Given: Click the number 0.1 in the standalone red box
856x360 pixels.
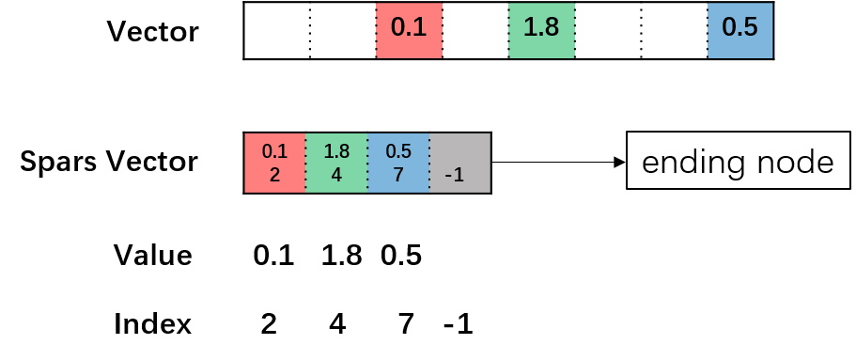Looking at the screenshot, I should pyautogui.click(x=409, y=27).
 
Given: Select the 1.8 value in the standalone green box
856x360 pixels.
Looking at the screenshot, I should pyautogui.click(x=541, y=27).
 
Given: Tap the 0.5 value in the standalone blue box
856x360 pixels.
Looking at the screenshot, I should pyautogui.click(x=739, y=27).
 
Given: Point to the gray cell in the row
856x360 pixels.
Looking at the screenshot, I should pyautogui.click(x=459, y=150).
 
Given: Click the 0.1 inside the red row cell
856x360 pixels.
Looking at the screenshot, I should pyautogui.click(x=274, y=151).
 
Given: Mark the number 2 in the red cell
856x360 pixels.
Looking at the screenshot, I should pyautogui.click(x=274, y=175).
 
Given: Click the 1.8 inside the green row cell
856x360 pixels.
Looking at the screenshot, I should pyautogui.click(x=336, y=151).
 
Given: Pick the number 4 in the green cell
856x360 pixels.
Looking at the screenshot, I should pyautogui.click(x=336, y=175).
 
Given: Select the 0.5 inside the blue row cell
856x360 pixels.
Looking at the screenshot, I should pyautogui.click(x=398, y=151).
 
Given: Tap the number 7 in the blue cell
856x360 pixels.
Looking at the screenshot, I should pyautogui.click(x=398, y=175).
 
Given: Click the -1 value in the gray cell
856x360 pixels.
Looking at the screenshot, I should pyautogui.click(x=454, y=175).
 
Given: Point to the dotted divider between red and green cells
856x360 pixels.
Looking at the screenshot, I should pyautogui.click(x=306, y=163).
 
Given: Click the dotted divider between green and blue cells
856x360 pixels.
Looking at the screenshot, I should pyautogui.click(x=367, y=163).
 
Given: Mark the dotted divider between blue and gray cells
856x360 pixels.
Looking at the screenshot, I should pyautogui.click(x=429, y=163).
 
